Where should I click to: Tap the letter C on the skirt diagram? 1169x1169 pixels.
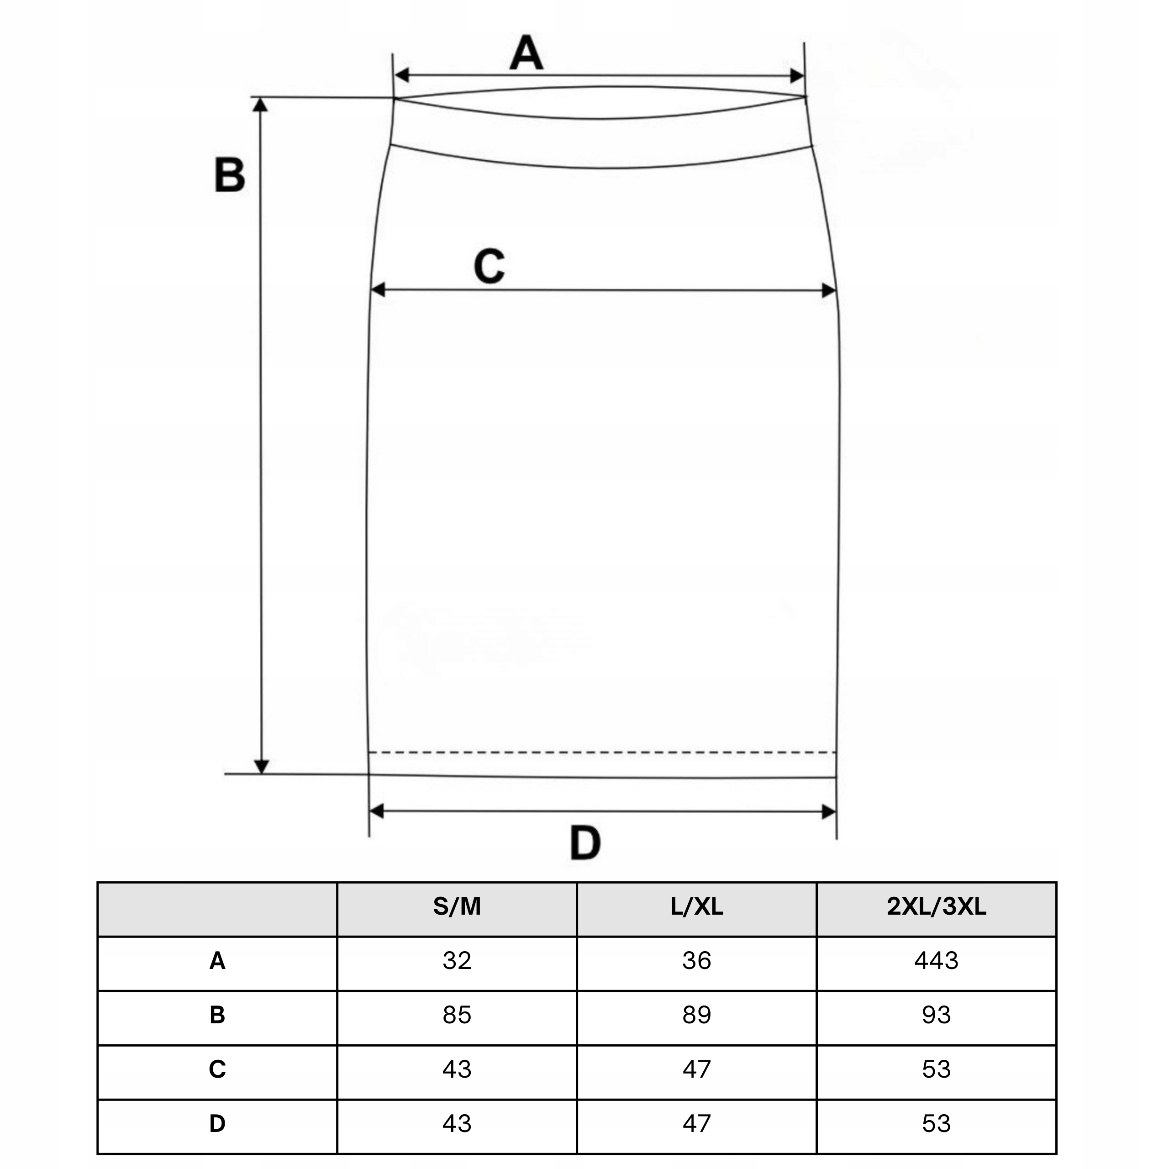click(x=489, y=266)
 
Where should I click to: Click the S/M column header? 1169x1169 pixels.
click(x=457, y=907)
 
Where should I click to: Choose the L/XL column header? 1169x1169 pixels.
click(x=696, y=907)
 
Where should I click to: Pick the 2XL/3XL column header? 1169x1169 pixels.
click(x=936, y=907)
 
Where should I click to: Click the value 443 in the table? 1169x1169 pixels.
click(x=936, y=961)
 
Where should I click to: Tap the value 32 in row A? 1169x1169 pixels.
click(x=457, y=961)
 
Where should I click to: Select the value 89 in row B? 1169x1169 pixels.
click(x=696, y=1015)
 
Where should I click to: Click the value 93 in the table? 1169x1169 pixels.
click(x=936, y=1015)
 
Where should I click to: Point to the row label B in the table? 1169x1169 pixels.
click(x=217, y=1015)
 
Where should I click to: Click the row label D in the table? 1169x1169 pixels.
click(x=217, y=1124)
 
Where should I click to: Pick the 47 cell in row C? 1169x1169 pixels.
click(x=696, y=1069)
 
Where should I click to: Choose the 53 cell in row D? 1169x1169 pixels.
click(x=936, y=1124)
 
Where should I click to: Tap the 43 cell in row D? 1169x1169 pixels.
click(x=457, y=1124)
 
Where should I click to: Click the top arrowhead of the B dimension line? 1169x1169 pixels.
click(x=260, y=105)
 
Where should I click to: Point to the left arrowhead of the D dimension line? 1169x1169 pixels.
click(x=376, y=811)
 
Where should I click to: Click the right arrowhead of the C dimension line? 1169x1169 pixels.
click(x=829, y=290)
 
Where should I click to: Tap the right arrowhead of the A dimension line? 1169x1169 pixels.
click(x=797, y=76)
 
